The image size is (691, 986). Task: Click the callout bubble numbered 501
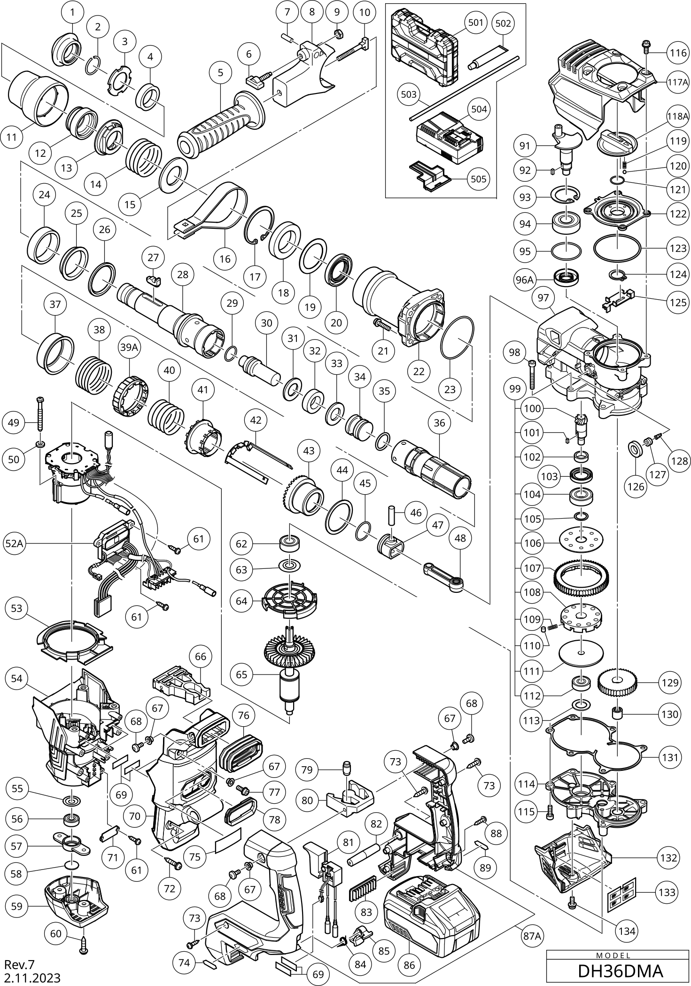click(475, 23)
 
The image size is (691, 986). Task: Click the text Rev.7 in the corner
click(20, 964)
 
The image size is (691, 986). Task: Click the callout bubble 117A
click(677, 81)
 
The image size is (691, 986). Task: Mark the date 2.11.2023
click(32, 978)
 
